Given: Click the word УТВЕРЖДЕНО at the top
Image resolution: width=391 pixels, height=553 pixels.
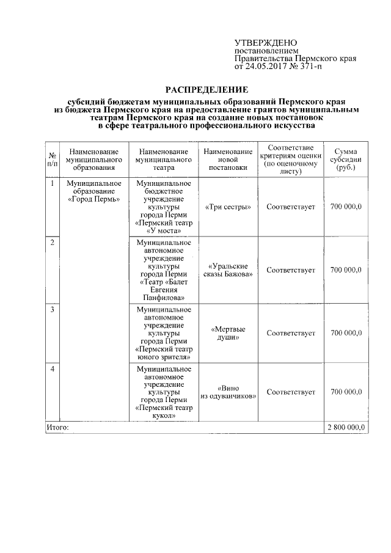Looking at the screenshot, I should click(x=265, y=43).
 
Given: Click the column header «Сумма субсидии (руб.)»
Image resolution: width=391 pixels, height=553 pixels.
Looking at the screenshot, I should click(x=346, y=159).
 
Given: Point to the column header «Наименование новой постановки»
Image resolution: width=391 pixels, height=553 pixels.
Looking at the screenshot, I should click(x=228, y=159).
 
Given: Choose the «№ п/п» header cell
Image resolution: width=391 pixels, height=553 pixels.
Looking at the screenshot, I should click(x=53, y=159).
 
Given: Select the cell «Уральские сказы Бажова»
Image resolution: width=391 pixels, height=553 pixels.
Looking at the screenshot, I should click(x=228, y=270).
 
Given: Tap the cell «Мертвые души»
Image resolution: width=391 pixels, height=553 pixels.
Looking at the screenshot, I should click(x=228, y=333).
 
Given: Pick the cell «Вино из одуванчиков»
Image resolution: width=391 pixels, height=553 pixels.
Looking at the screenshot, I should click(x=228, y=392).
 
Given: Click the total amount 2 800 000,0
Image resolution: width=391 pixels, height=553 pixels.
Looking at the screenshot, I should click(x=346, y=427).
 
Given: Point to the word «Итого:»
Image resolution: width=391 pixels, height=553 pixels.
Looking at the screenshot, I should click(x=58, y=427).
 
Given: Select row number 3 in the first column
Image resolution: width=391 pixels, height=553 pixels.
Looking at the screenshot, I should click(x=53, y=309).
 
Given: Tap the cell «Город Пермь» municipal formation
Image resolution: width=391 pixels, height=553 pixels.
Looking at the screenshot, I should click(x=93, y=191).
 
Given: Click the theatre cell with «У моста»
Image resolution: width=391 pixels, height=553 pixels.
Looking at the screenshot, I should click(x=163, y=207).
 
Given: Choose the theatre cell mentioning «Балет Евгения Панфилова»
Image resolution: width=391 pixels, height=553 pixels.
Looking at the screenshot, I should click(x=163, y=270).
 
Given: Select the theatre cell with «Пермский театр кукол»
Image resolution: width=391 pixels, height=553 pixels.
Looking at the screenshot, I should click(x=163, y=392).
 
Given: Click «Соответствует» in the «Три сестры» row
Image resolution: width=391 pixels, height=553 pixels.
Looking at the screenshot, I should click(x=291, y=207).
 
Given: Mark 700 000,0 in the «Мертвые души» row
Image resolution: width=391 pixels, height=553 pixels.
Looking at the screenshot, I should click(x=346, y=333).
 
